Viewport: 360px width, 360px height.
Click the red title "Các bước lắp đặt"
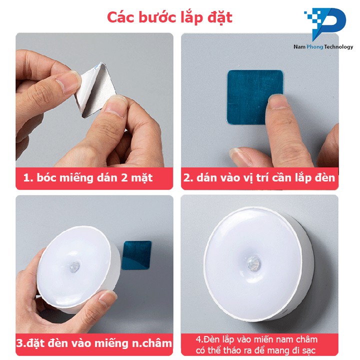pyautogui.click(x=169, y=17)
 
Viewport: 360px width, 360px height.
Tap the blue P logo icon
pyautogui.click(x=325, y=23)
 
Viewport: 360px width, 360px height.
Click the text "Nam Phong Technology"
pyautogui.click(x=323, y=47)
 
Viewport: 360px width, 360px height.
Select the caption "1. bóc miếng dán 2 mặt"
pyautogui.click(x=88, y=178)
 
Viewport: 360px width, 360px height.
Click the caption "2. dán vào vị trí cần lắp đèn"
pyautogui.click(x=259, y=178)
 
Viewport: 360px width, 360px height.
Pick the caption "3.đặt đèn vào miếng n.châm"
pyautogui.click(x=94, y=343)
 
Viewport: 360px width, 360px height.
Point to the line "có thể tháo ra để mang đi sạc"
pyautogui.click(x=255, y=350)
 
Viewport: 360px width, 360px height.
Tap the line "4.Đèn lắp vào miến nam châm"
pyautogui.click(x=256, y=339)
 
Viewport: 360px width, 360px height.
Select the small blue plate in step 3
pyautogui.click(x=136, y=255)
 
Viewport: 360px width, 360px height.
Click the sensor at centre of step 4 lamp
pyautogui.click(x=253, y=263)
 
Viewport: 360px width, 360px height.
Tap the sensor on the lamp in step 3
pyautogui.click(x=74, y=267)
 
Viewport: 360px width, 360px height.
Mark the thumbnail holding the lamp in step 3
pyautogui.click(x=107, y=298)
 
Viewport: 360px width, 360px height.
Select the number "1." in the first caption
pyautogui.click(x=28, y=178)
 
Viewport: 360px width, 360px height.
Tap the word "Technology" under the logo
pyautogui.click(x=339, y=47)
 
